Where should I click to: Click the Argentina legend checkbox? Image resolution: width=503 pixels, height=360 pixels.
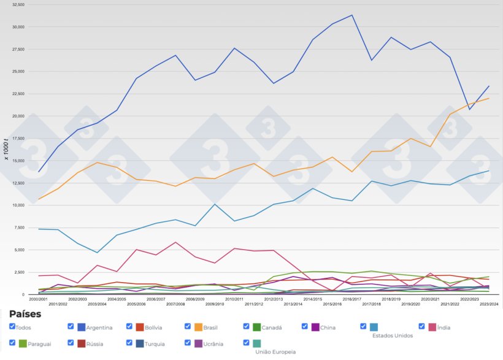coord(71,327)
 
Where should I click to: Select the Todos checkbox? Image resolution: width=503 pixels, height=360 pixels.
coord(12,327)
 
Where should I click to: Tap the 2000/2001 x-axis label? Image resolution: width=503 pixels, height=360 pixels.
coord(39,299)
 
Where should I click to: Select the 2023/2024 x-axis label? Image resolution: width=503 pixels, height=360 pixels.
coord(488,304)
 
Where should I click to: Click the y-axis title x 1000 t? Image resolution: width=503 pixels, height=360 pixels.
coord(7,150)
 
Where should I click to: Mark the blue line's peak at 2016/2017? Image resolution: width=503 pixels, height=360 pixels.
coord(351,15)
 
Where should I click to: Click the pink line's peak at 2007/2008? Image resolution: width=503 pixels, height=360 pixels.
coord(176,242)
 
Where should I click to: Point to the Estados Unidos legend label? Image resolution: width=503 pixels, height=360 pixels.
coord(393,335)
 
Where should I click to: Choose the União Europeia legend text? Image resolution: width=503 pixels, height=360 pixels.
coord(275,352)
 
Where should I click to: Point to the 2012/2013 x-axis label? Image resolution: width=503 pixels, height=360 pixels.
coord(273,299)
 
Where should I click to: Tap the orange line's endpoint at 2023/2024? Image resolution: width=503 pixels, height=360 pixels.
coord(488,98)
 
